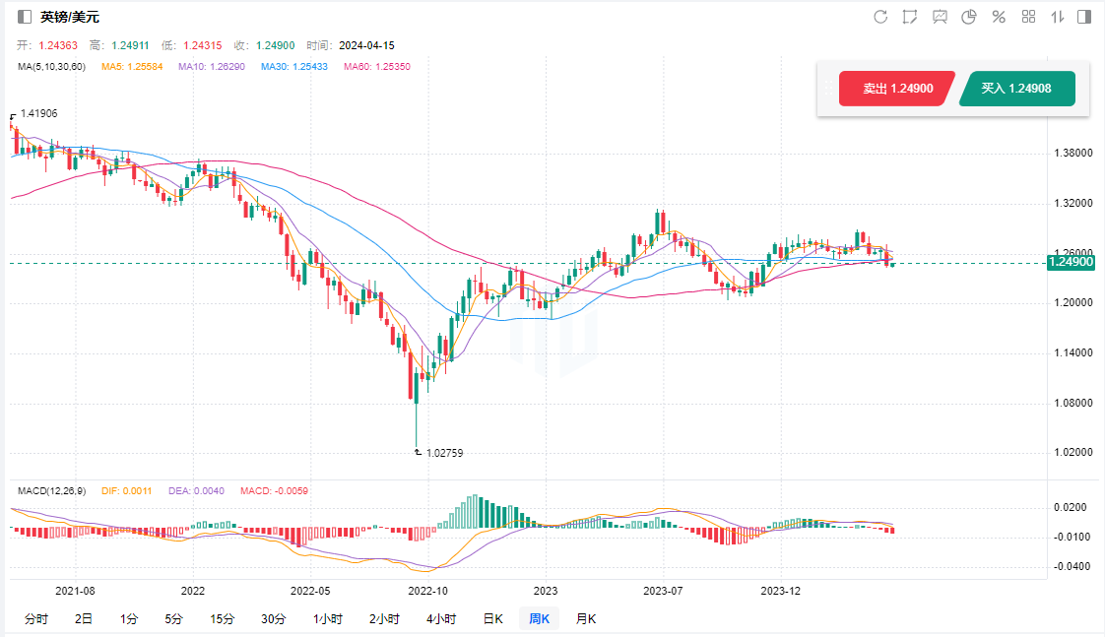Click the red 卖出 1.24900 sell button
pyautogui.click(x=896, y=89)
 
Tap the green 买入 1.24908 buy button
pyautogui.click(x=1015, y=89)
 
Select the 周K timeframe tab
pyautogui.click(x=539, y=619)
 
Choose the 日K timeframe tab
pyautogui.click(x=492, y=619)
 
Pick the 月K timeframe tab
pyautogui.click(x=585, y=619)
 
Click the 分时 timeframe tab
pyautogui.click(x=35, y=619)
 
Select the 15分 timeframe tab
pyautogui.click(x=223, y=619)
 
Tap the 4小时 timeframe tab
pyautogui.click(x=440, y=619)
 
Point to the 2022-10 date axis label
pyautogui.click(x=427, y=592)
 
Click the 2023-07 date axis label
pyautogui.click(x=662, y=592)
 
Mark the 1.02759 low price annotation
pyautogui.click(x=444, y=453)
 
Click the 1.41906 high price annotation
pyautogui.click(x=38, y=114)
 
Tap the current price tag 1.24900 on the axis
pyautogui.click(x=1071, y=262)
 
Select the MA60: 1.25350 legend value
pyautogui.click(x=377, y=67)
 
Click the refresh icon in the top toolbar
pyautogui.click(x=880, y=17)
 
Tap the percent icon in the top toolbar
pyautogui.click(x=999, y=17)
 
